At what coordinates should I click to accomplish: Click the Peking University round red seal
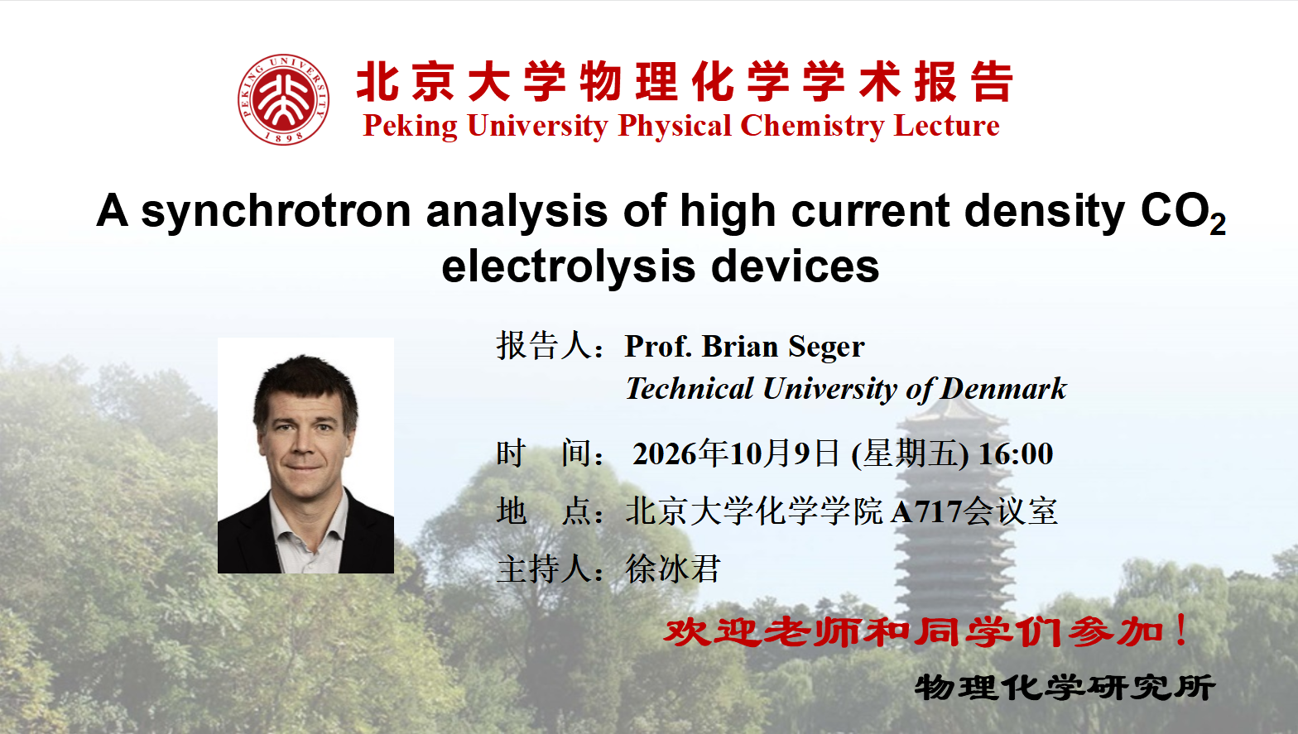(x=283, y=99)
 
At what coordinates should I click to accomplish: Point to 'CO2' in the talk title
(x=1183, y=212)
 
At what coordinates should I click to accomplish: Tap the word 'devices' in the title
(x=795, y=266)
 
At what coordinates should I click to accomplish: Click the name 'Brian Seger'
(x=783, y=347)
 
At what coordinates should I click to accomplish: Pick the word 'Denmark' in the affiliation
(x=1003, y=388)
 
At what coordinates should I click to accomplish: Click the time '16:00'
(x=1016, y=453)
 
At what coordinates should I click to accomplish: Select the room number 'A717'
(x=926, y=511)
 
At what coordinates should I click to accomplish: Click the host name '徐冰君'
(x=673, y=568)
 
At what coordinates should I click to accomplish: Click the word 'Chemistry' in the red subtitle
(x=812, y=127)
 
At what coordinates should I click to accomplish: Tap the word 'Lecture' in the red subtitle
(x=947, y=126)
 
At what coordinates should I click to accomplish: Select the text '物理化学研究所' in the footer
(x=1065, y=688)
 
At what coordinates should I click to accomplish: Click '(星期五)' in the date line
(x=910, y=453)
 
